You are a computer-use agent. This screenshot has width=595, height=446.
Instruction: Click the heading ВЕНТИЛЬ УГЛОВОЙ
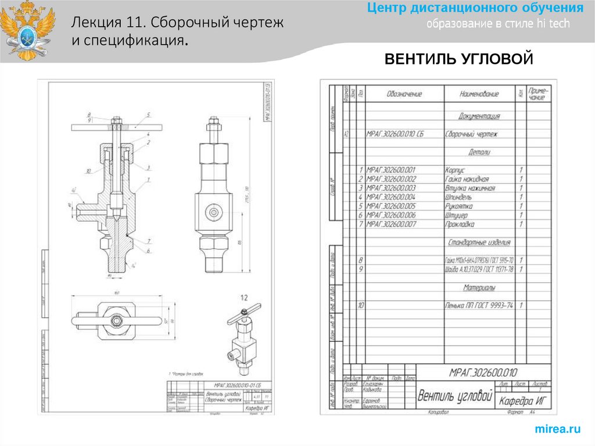tap(458, 59)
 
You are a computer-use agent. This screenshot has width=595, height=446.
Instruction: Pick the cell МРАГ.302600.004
tap(391, 197)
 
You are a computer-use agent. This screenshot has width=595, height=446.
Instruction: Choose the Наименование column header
tap(479, 94)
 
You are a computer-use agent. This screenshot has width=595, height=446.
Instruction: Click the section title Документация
tap(479, 116)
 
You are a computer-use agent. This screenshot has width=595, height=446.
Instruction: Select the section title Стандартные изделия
tap(479, 242)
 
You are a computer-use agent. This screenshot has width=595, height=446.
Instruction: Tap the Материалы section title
tap(479, 287)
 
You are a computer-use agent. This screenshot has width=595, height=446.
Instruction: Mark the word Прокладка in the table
tap(460, 224)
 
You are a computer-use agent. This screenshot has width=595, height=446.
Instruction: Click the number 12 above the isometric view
tap(244, 298)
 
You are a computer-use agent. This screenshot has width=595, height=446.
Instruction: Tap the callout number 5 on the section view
tap(149, 115)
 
